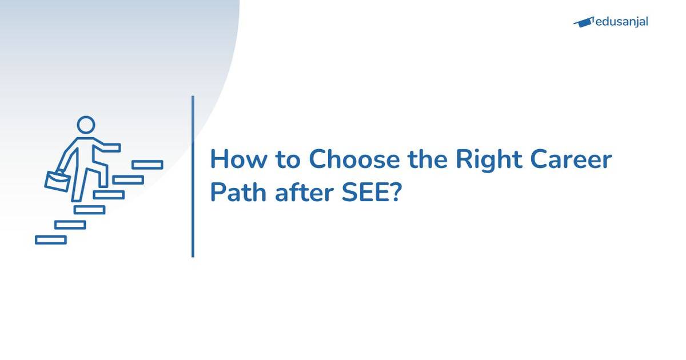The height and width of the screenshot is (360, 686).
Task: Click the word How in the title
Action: [x=235, y=160]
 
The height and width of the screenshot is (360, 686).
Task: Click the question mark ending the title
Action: [x=397, y=193]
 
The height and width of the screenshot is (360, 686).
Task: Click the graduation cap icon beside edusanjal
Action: [x=583, y=22]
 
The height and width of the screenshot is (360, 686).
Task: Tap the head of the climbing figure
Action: [x=86, y=125]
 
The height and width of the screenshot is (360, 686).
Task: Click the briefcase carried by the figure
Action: [x=57, y=181]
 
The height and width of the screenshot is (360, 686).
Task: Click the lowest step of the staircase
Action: [x=51, y=240]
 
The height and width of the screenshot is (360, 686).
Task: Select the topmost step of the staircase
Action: [x=147, y=165]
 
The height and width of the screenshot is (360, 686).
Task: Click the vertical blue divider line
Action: [x=193, y=177]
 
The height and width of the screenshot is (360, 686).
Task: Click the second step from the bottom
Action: [x=70, y=225]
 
